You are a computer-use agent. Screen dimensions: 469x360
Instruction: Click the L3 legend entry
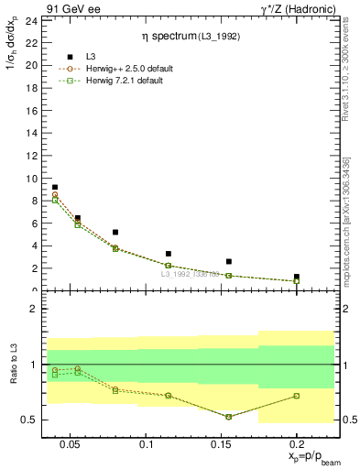click(93, 57)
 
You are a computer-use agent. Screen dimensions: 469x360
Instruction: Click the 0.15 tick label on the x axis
click(222, 444)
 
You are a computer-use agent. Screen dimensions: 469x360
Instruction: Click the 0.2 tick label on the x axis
click(297, 444)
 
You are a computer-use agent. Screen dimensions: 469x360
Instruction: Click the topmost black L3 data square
click(55, 187)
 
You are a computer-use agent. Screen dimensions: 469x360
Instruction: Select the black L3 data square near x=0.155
click(229, 261)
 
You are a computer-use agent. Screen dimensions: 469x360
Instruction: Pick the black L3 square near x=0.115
click(169, 254)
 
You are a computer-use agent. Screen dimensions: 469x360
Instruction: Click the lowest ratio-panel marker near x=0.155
click(229, 417)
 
